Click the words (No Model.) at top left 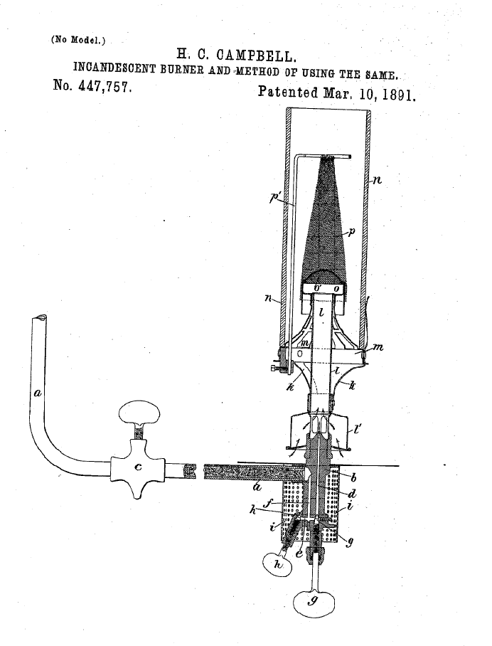tap(77, 40)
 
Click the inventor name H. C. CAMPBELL tap(236, 55)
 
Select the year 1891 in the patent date tap(398, 95)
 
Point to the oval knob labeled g tap(313, 603)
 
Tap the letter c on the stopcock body tap(138, 467)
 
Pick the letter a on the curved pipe tap(38, 393)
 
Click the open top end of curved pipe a tap(39, 317)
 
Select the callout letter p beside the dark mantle tap(351, 233)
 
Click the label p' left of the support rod tap(274, 198)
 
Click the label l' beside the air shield tap(358, 430)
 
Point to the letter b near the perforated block tap(353, 477)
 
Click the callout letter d tap(352, 494)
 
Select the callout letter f tap(268, 504)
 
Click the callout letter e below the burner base tap(299, 554)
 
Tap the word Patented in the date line tap(288, 92)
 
